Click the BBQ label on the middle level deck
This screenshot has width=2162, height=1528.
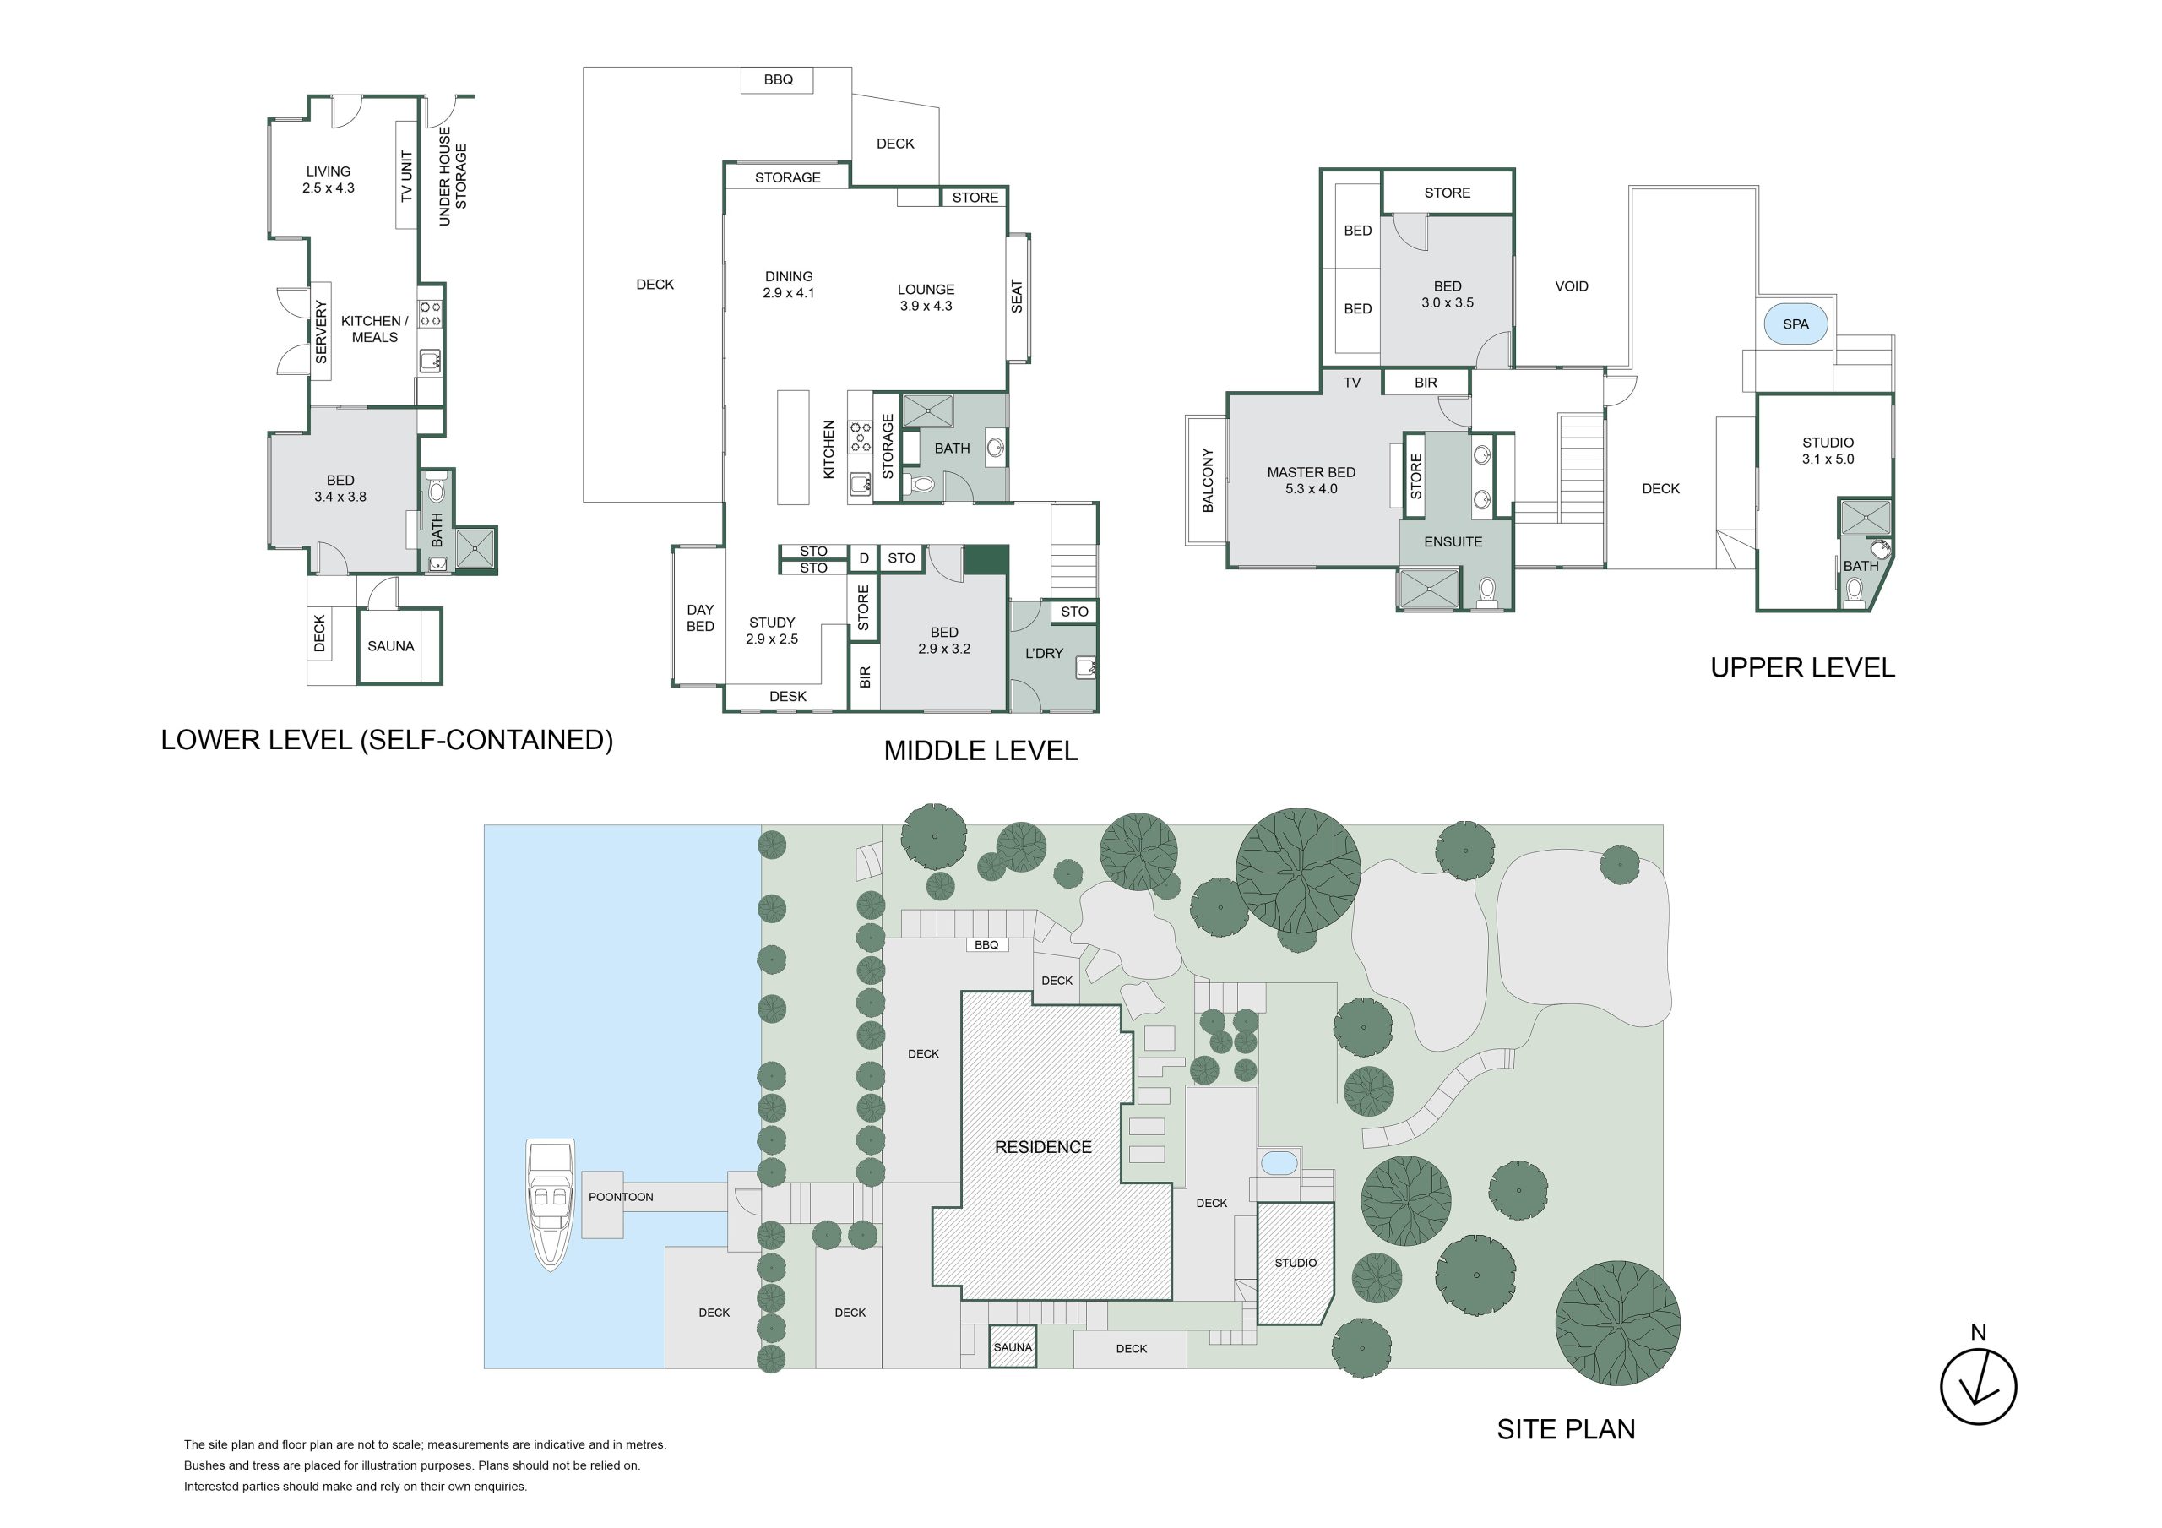(778, 80)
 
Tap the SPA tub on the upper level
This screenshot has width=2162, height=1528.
(1795, 324)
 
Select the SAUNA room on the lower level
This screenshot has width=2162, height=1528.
(399, 646)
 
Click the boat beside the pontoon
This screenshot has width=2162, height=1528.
(551, 1204)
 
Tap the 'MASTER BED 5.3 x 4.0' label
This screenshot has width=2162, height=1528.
(1311, 481)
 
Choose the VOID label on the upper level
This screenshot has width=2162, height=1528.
(1571, 286)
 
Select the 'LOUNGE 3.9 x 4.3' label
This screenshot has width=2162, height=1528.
(926, 297)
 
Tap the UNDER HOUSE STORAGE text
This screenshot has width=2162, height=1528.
(452, 177)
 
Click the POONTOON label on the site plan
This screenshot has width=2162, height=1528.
(621, 1198)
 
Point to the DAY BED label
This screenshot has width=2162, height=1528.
(699, 618)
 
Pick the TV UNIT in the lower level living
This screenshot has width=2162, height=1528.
(406, 177)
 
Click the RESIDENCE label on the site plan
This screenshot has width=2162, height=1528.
(1043, 1147)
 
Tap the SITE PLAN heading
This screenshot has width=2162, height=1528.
(1566, 1430)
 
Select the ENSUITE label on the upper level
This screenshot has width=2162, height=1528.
(1453, 541)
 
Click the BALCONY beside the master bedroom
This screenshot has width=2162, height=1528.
(1207, 481)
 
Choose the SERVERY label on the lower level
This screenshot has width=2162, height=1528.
(321, 332)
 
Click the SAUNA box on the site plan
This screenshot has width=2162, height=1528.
(1013, 1347)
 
